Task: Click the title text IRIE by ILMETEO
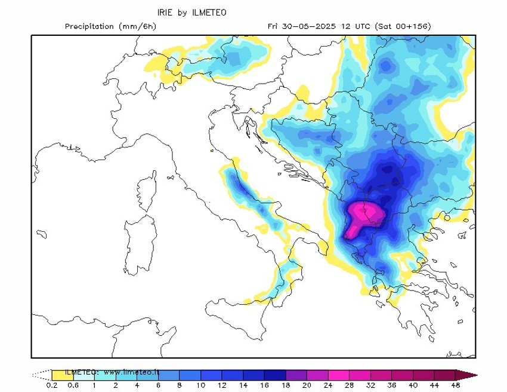tap(191, 12)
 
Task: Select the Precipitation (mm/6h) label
tap(110, 26)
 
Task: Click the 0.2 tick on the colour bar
tap(52, 385)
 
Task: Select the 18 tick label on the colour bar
tap(286, 385)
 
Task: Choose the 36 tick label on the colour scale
tap(392, 385)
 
